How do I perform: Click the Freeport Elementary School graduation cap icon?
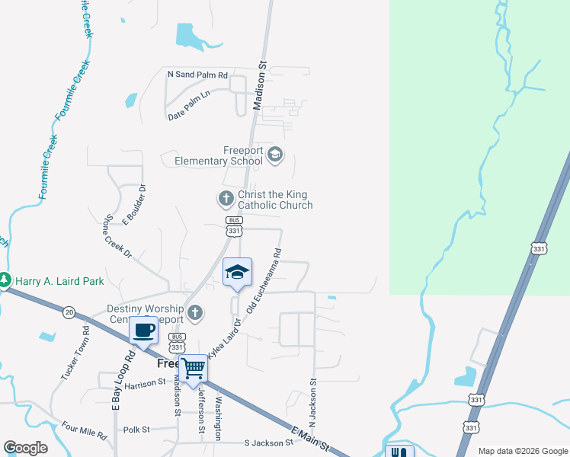(x=275, y=155)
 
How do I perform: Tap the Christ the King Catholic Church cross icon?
(x=226, y=200)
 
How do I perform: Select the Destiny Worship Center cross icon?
(x=195, y=313)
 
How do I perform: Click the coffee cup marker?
(x=143, y=331)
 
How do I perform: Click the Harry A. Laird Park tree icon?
(x=5, y=281)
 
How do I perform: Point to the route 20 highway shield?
(x=69, y=312)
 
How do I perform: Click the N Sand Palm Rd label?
(x=197, y=75)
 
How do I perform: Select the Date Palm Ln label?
(x=198, y=116)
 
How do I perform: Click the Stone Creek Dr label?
(x=118, y=235)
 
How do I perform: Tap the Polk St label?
(x=136, y=430)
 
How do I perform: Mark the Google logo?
(x=26, y=448)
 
